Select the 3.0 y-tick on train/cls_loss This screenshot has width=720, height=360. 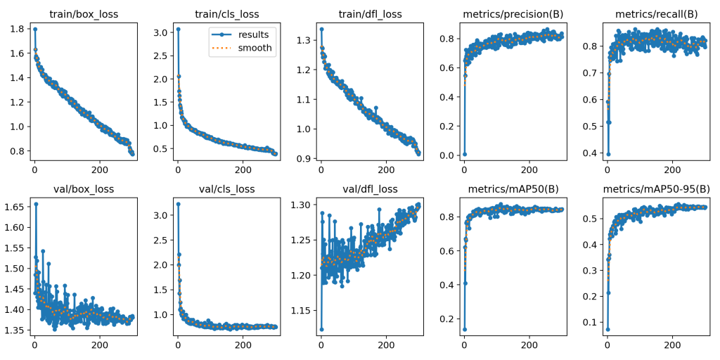[x=162, y=32]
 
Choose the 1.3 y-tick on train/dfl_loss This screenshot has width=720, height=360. [x=304, y=40]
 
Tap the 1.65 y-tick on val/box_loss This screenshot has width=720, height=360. [x=15, y=207]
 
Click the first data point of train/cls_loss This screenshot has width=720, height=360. [x=178, y=29]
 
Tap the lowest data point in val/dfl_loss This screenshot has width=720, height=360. [x=321, y=328]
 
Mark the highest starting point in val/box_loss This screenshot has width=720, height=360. [x=35, y=204]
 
